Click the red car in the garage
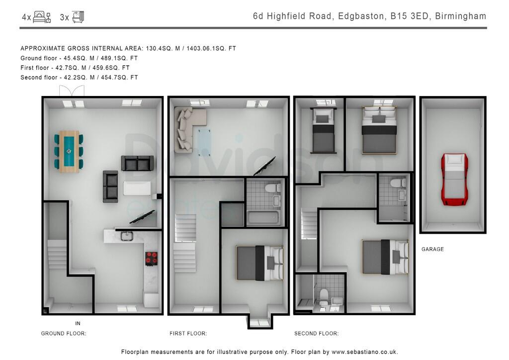454,180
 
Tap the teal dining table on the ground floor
69,151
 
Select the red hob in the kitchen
151,259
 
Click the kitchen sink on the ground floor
127,236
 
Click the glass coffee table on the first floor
204,141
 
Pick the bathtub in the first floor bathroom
263,217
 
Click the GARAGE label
432,249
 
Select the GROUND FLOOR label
64,333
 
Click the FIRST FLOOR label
188,333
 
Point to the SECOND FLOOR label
316,333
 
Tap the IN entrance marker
78,323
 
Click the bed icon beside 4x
42,17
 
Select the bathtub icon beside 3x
78,17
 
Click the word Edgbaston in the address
362,16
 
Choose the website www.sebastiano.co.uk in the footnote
364,352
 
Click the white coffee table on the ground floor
137,188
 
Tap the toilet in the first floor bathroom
273,187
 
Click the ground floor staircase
58,255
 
